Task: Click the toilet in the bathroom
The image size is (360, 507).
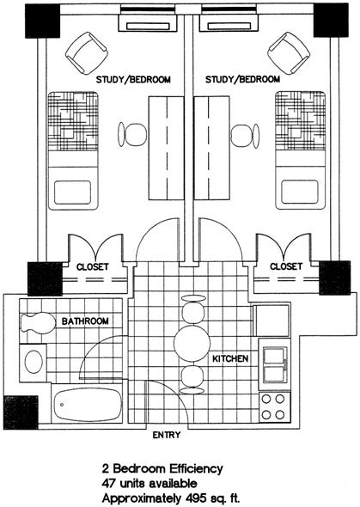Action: pos(38,323)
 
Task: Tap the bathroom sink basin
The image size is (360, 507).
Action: pos(34,362)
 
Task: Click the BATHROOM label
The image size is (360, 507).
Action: pos(85,321)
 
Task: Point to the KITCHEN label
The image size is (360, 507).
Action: pos(230,358)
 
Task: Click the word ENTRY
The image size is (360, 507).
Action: pos(167,435)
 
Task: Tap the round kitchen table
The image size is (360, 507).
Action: pos(192,344)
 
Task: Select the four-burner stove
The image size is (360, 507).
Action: pos(273,407)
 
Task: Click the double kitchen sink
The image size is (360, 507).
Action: pos(275,364)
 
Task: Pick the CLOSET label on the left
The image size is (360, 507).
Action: pos(93,267)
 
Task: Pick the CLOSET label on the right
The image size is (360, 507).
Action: pos(286,266)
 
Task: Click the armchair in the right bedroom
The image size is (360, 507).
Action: pos(289,52)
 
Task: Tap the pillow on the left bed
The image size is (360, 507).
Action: pos(72,192)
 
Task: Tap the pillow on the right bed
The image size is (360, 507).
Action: pos(300,192)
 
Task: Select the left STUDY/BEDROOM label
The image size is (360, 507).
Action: pos(133,80)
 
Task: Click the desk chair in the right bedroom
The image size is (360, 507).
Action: pos(245,136)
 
